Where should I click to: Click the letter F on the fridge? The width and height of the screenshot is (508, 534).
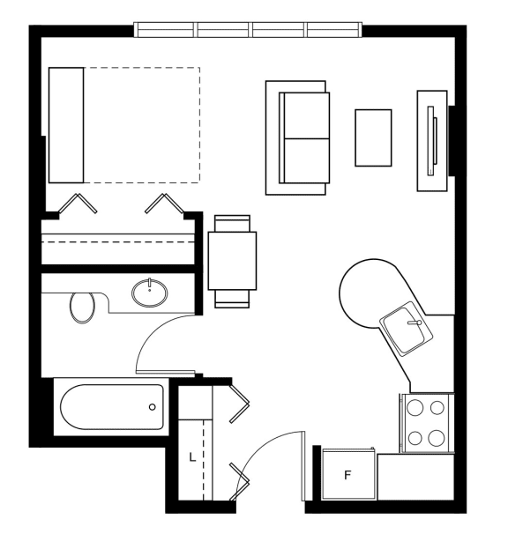tap(347, 475)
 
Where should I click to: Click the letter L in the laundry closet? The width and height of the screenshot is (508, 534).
tap(192, 457)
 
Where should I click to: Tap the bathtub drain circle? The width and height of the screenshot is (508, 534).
tap(153, 406)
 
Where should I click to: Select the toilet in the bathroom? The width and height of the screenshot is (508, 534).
tap(83, 308)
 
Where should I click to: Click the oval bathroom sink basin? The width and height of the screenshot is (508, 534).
tap(150, 293)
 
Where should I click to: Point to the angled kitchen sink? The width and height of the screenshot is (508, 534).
tap(407, 329)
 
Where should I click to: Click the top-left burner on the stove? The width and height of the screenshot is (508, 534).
tap(415, 407)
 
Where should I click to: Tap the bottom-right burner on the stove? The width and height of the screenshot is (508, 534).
tap(437, 438)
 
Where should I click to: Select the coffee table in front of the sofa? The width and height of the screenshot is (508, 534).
tap(373, 138)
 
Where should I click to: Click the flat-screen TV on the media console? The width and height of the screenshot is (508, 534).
tap(432, 141)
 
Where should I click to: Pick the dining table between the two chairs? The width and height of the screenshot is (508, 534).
tap(232, 261)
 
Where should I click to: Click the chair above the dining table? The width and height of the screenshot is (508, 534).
tap(233, 223)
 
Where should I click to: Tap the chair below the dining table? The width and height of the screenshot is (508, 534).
tap(232, 299)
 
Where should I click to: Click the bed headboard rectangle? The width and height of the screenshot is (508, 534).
tap(66, 125)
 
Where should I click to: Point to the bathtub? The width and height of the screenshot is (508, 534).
tap(112, 407)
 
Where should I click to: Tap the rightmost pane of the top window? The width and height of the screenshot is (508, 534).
tap(333, 29)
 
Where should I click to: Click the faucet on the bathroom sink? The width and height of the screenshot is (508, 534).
tap(149, 285)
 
